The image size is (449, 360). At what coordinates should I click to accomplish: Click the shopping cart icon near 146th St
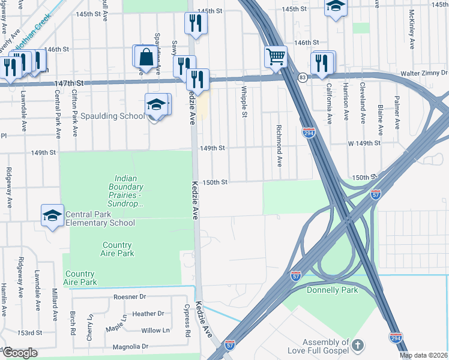click(x=276, y=57)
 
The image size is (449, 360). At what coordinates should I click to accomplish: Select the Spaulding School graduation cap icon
click(x=156, y=105)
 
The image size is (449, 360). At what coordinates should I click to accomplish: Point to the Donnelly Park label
click(x=332, y=290)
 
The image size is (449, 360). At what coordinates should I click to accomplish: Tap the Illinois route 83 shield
click(x=303, y=77)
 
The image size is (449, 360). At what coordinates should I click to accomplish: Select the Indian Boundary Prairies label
click(x=129, y=191)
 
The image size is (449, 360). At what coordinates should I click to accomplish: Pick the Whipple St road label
click(x=244, y=101)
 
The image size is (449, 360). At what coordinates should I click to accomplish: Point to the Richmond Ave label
click(x=279, y=146)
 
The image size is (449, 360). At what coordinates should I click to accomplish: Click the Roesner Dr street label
click(x=130, y=297)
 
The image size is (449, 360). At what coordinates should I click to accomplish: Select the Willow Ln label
click(x=155, y=330)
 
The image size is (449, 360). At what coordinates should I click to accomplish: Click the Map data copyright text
click(x=424, y=355)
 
